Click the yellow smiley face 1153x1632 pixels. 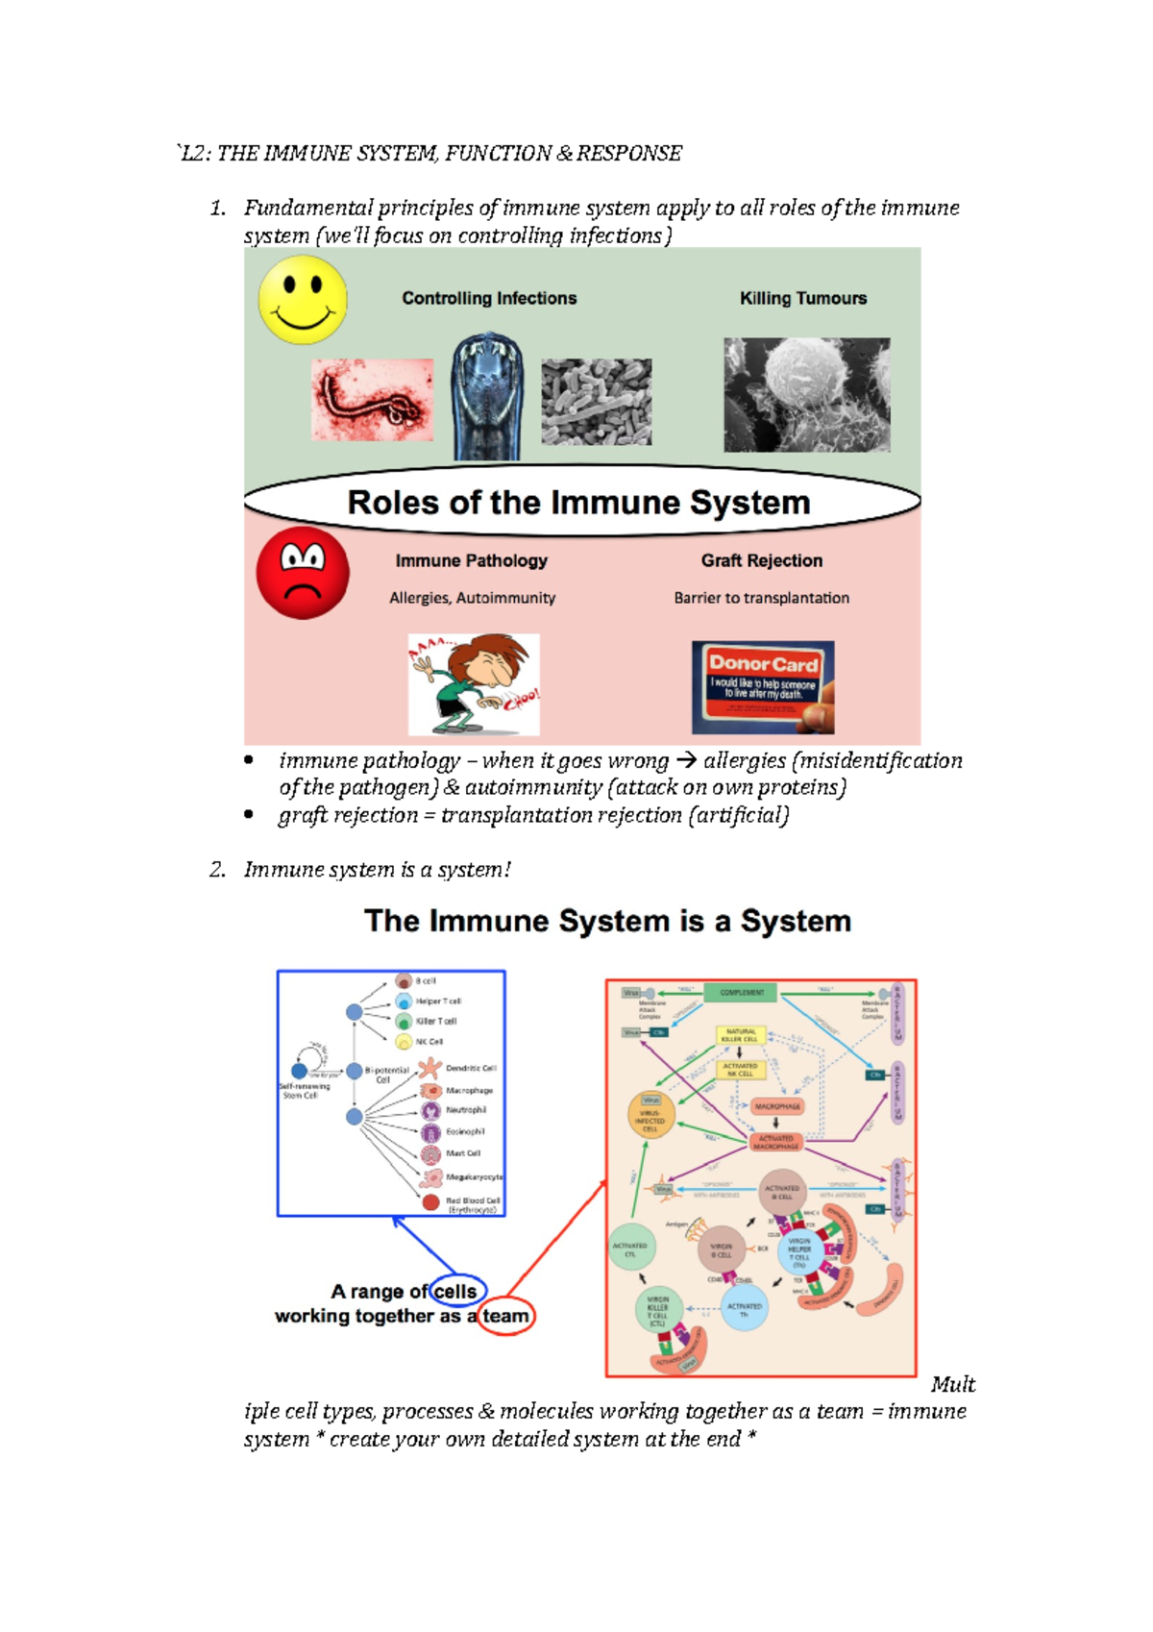[303, 300]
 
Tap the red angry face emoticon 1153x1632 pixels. [303, 573]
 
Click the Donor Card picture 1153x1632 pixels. [763, 687]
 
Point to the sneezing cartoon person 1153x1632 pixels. [474, 684]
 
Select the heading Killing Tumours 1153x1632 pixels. [803, 299]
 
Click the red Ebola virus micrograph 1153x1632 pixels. [372, 400]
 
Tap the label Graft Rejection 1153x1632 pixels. [761, 560]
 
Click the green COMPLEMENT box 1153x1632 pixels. [742, 992]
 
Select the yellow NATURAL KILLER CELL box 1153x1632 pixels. [740, 1035]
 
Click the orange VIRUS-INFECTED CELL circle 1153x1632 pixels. [650, 1117]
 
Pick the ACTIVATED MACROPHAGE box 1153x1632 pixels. [775, 1142]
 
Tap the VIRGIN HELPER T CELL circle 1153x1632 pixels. [799, 1252]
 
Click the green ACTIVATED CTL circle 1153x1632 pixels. [630, 1248]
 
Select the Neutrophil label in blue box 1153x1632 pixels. [465, 1110]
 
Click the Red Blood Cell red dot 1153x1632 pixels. [430, 1202]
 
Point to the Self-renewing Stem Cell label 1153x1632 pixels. [304, 1091]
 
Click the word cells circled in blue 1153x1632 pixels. [454, 1292]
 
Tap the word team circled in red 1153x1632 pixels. [505, 1316]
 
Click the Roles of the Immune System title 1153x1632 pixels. [579, 503]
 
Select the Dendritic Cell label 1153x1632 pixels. [470, 1068]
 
